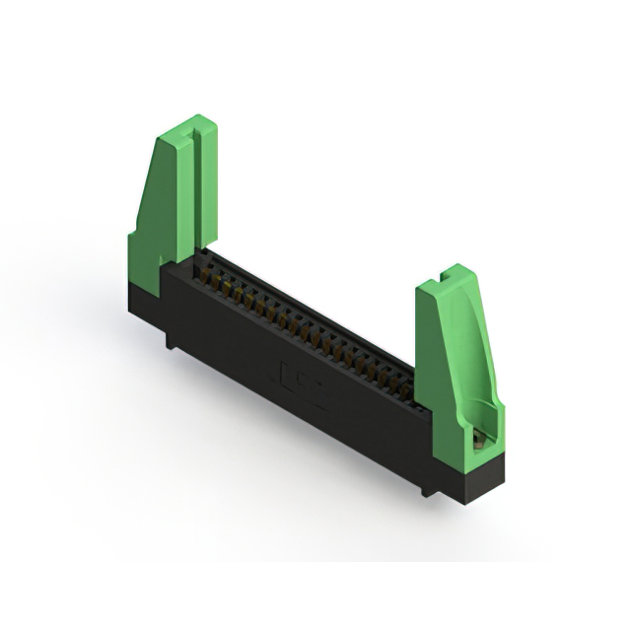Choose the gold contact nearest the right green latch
(406, 392)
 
